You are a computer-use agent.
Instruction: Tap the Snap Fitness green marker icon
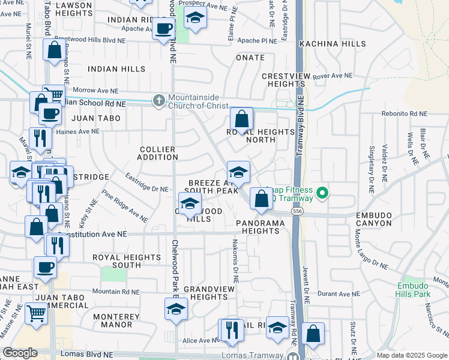click(322, 193)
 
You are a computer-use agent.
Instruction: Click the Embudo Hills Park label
click(414, 290)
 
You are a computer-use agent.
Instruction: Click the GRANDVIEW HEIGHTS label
click(205, 293)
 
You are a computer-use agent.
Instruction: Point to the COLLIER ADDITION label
click(157, 153)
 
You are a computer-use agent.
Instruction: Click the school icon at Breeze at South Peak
click(238, 172)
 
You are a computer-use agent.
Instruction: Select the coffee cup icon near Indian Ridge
click(163, 28)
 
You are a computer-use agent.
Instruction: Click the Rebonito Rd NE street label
click(404, 113)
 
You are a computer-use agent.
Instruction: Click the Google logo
click(20, 353)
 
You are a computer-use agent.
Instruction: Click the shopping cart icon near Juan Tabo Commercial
click(36, 313)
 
